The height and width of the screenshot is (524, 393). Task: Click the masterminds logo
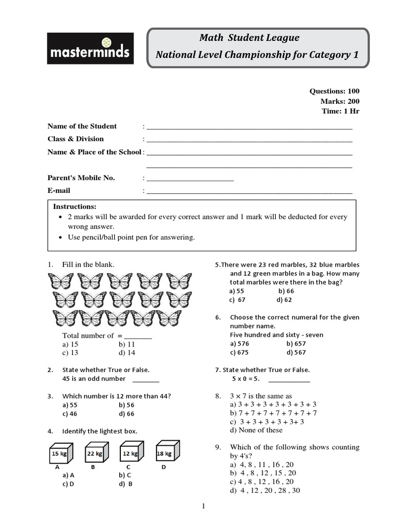coord(91,49)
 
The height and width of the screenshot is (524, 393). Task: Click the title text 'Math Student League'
coord(249,38)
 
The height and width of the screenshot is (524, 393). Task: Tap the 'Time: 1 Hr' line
coord(340,111)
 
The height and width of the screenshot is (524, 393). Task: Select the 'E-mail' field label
coord(59,190)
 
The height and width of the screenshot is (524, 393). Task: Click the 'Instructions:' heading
coord(75,206)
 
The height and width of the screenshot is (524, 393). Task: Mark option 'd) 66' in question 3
coord(126,413)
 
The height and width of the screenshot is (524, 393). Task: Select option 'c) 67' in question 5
coord(237,300)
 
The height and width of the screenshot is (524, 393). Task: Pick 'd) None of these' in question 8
coord(256,430)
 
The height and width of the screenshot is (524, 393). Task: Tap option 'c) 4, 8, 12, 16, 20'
coord(261,482)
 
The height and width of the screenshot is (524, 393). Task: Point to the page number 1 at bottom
coord(203,507)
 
